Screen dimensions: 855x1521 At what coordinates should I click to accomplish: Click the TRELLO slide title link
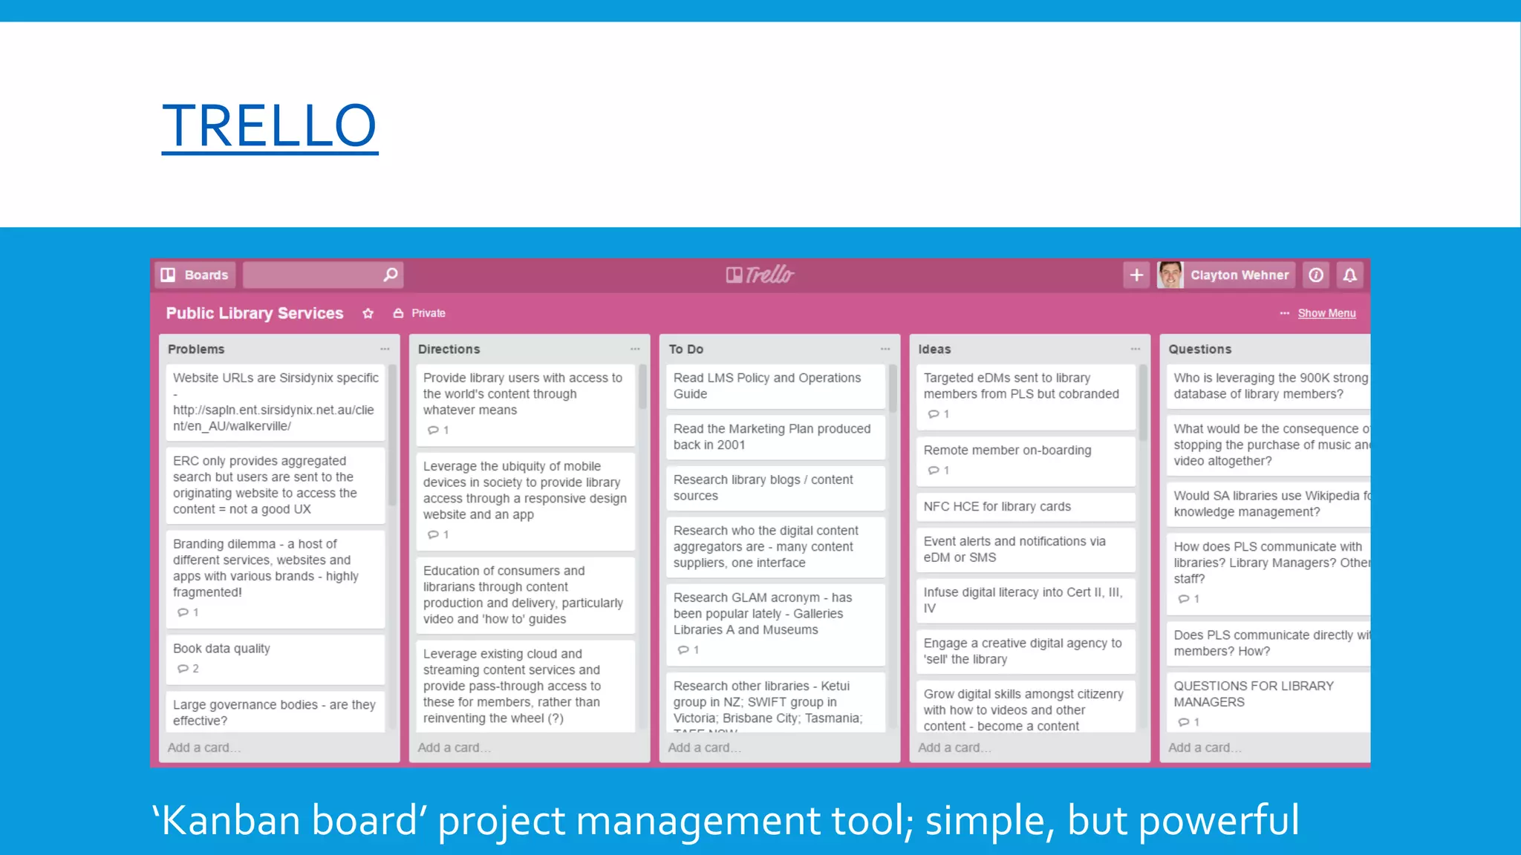pyautogui.click(x=270, y=125)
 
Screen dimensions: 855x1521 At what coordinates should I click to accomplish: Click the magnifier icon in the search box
pyautogui.click(x=390, y=275)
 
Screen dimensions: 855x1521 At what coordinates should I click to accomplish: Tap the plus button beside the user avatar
pyautogui.click(x=1136, y=275)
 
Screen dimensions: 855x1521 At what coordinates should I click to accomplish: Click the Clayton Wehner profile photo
pyautogui.click(x=1170, y=275)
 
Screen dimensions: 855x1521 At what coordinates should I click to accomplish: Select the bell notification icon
pyautogui.click(x=1350, y=275)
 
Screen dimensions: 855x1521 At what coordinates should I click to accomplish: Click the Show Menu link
pyautogui.click(x=1326, y=313)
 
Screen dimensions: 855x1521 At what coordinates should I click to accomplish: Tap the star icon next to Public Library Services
pyautogui.click(x=368, y=313)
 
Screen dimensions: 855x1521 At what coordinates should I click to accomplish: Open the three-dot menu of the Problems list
pyautogui.click(x=385, y=349)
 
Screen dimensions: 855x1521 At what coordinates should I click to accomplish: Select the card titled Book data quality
pyautogui.click(x=275, y=658)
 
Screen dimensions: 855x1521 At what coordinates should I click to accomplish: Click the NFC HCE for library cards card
pyautogui.click(x=1025, y=507)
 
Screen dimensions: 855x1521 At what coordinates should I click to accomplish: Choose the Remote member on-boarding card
pyautogui.click(x=1025, y=459)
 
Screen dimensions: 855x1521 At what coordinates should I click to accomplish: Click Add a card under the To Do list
pyautogui.click(x=704, y=747)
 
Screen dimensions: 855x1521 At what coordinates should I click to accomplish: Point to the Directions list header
pyautogui.click(x=449, y=349)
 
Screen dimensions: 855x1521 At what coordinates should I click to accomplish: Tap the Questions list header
pyautogui.click(x=1199, y=349)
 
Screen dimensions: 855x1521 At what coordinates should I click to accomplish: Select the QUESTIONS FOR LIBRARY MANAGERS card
pyautogui.click(x=1263, y=701)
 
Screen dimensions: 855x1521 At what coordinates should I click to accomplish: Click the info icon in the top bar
pyautogui.click(x=1316, y=275)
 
